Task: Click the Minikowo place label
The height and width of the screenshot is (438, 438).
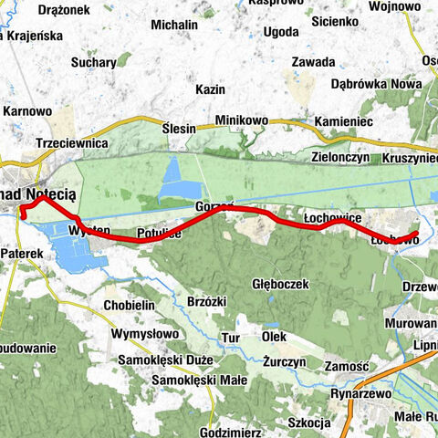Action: click(242, 120)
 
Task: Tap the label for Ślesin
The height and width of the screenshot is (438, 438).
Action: click(178, 129)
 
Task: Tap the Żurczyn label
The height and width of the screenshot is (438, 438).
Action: click(280, 361)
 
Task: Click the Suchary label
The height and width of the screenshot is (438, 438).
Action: click(98, 63)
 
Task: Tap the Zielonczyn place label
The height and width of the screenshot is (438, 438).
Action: click(339, 157)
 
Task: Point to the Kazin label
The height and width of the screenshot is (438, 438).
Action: click(210, 89)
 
